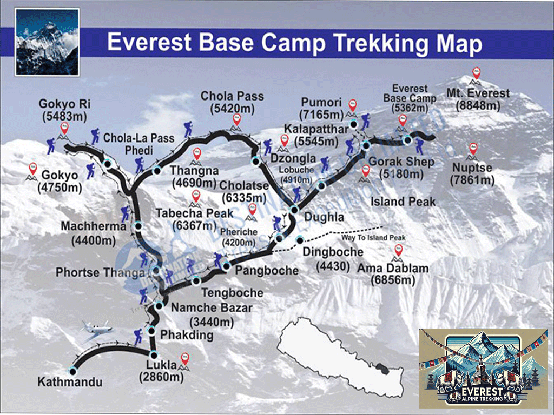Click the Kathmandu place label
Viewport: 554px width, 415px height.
pos(70,383)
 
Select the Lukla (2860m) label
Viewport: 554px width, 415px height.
pos(161,371)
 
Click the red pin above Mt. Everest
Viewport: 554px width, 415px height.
pos(476,72)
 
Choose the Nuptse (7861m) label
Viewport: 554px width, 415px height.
pos(472,174)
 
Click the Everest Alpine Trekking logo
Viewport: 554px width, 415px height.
pos(483,367)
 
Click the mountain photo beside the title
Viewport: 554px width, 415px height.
pos(48,42)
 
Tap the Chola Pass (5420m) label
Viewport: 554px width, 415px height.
pos(232,102)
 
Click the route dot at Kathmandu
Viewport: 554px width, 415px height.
pos(72,372)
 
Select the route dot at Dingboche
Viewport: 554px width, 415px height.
pos(300,239)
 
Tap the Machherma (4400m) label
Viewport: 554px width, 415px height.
pos(93,232)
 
